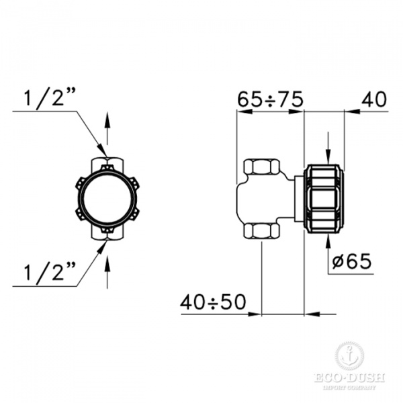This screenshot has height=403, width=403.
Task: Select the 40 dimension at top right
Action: click(375, 99)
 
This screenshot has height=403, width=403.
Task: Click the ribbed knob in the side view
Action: click(325, 199)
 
